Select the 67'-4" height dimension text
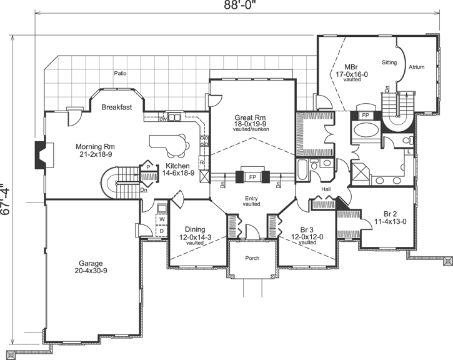7,199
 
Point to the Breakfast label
117,107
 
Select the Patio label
121,73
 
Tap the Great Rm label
251,117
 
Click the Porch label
252,258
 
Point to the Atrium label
417,66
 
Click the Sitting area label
389,62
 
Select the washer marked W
161,219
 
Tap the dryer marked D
161,231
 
